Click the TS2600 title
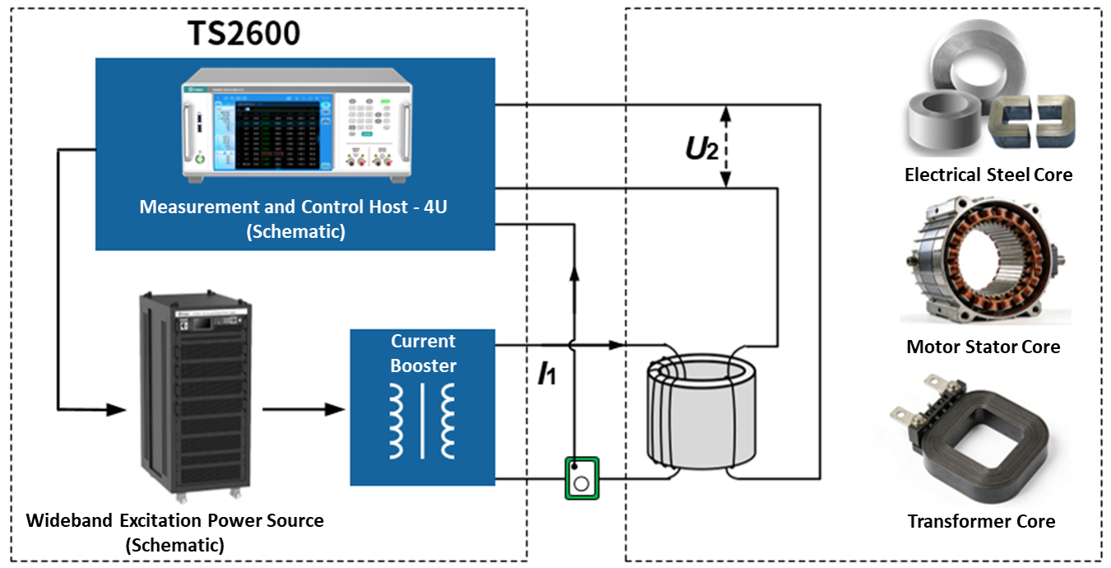click(244, 33)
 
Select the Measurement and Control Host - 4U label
click(294, 218)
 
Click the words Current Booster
click(423, 353)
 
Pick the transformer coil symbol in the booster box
click(423, 421)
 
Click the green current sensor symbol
click(581, 478)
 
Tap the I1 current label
click(547, 375)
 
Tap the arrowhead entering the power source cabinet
click(118, 408)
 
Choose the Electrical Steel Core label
click(988, 175)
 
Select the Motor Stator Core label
click(983, 347)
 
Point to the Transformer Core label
click(981, 521)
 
